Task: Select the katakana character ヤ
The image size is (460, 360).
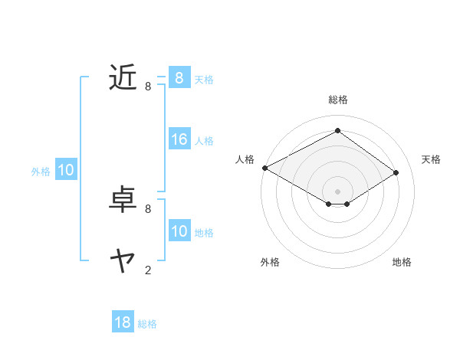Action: click(123, 261)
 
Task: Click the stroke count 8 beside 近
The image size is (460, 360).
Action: click(148, 87)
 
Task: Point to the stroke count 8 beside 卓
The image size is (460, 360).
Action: click(148, 208)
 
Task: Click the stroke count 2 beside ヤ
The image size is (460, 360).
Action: click(148, 270)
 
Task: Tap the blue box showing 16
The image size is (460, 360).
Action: click(179, 139)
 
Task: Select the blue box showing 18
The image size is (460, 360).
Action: click(123, 322)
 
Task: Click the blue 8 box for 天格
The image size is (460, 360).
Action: click(179, 77)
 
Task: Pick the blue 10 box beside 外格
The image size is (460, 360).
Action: click(65, 171)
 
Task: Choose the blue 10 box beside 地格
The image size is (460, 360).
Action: click(179, 231)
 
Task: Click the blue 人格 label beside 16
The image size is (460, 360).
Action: click(204, 141)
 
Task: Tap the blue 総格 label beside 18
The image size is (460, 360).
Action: click(147, 324)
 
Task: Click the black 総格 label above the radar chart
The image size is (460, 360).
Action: click(337, 100)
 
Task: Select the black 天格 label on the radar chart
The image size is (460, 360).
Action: click(431, 159)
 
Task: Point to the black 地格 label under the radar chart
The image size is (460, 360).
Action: click(402, 262)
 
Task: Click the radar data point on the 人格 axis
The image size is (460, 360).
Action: click(264, 168)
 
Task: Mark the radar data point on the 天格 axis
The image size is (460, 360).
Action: click(396, 173)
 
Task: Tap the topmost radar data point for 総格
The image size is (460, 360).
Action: click(337, 131)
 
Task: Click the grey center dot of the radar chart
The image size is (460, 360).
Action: click(337, 190)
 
